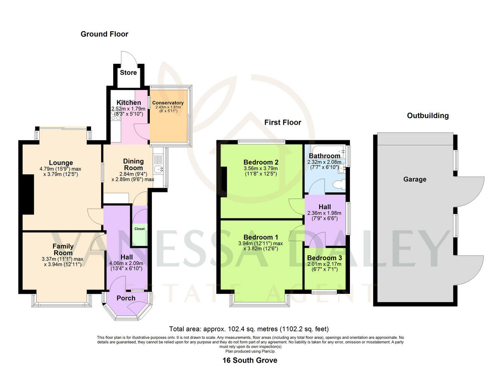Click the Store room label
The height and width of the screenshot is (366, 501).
[128, 73]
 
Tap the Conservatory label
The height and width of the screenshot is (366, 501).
[168, 103]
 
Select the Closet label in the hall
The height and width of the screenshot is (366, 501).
[139, 229]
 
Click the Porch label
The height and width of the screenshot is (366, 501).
[126, 298]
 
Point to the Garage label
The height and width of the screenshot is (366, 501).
[415, 179]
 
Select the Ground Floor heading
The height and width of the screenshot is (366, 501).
[104, 34]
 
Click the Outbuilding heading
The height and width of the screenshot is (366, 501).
[428, 116]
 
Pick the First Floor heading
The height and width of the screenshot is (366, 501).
[283, 122]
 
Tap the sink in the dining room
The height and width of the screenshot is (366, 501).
[158, 169]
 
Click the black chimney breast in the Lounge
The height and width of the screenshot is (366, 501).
[28, 194]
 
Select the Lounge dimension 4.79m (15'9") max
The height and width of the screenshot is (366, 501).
[61, 169]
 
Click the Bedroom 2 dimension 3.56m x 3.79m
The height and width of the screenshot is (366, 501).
[261, 169]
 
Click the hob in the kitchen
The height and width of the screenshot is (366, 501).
[115, 118]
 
